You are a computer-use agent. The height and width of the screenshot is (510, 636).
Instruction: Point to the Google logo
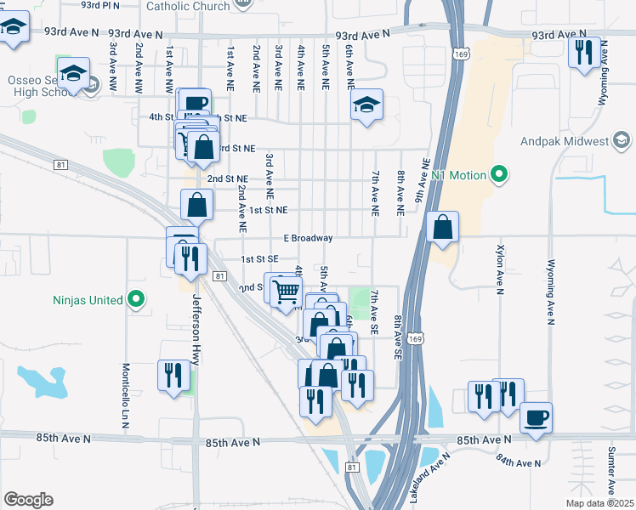(x=27, y=500)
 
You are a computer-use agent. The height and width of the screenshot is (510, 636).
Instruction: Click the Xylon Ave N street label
(x=500, y=271)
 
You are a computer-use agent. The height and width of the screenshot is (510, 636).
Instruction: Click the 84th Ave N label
(x=519, y=462)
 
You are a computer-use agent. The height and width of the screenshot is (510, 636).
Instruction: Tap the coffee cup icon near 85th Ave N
(x=536, y=417)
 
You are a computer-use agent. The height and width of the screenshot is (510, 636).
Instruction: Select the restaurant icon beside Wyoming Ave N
(x=584, y=52)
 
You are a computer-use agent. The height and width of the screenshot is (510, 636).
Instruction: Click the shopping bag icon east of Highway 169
(x=442, y=226)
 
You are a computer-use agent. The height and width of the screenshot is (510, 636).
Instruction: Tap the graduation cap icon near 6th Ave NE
(x=366, y=105)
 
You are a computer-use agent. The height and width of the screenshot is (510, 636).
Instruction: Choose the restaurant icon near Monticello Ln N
(x=173, y=374)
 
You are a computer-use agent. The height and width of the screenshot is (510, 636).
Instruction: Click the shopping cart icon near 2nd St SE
(x=287, y=291)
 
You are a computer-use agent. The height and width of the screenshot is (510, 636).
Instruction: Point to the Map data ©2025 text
(x=599, y=502)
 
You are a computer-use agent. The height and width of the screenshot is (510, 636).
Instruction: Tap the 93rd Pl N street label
(x=99, y=5)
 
